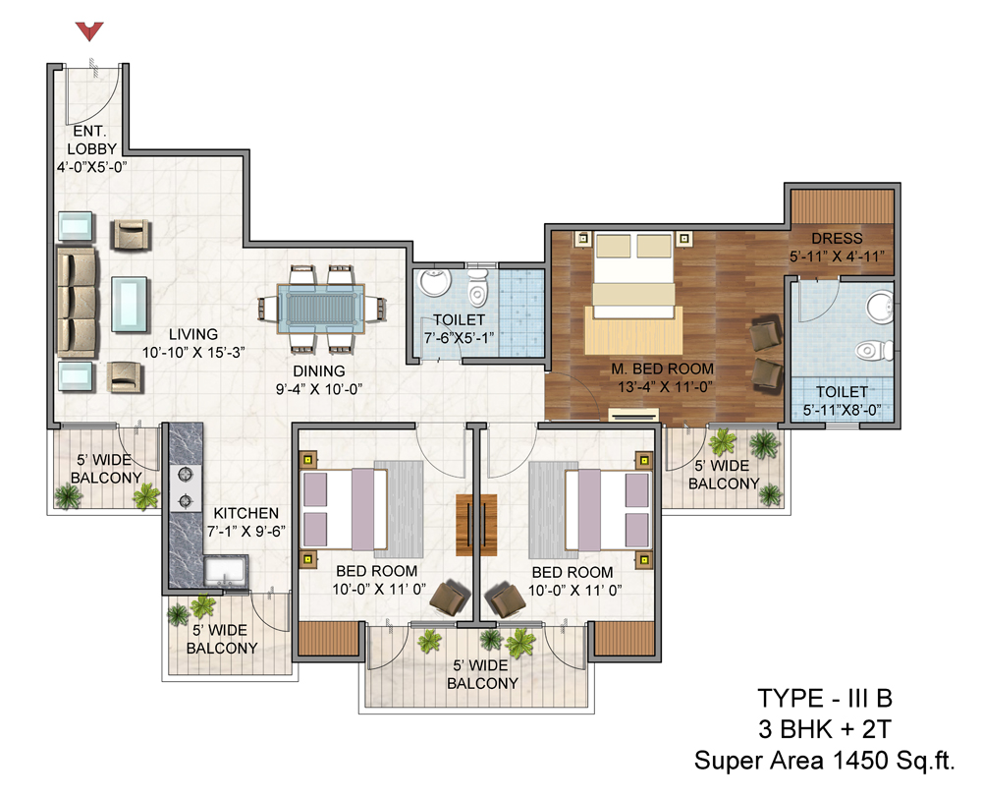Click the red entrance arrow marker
89,30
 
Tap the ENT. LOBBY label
91,140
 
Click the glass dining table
321,309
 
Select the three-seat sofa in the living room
76,303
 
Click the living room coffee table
131,304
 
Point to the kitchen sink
225,571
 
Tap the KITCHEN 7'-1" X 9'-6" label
246,522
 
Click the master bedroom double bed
633,275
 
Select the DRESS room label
837,238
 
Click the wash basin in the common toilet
435,282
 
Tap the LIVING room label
192,334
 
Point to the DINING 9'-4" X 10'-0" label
319,380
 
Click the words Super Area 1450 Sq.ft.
824,761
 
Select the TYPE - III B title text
825,698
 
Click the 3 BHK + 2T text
824,729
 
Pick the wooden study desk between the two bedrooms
476,525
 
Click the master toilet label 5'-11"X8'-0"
842,410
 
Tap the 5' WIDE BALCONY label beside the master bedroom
724,475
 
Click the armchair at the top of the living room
132,235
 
